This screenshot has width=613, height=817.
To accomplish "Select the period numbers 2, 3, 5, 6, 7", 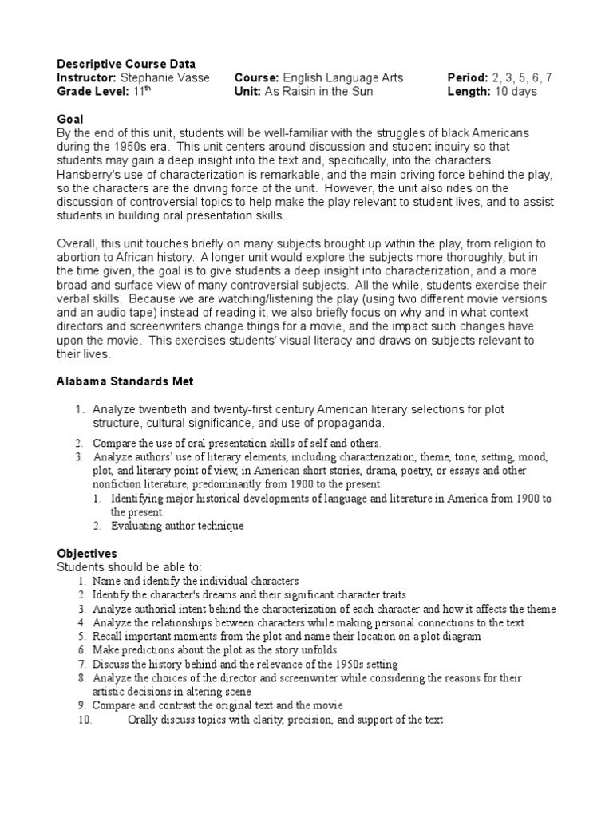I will (521, 77).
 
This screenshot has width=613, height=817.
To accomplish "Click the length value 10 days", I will (516, 91).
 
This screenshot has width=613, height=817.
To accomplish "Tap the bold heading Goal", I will (70, 118).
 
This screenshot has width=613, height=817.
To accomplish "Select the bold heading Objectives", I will (87, 553).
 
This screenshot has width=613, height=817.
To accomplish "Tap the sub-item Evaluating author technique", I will (177, 526).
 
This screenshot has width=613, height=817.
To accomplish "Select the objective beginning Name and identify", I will (195, 581).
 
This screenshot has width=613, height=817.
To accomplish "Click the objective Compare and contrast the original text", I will (217, 705).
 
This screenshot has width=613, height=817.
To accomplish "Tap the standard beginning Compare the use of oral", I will (236, 442).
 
